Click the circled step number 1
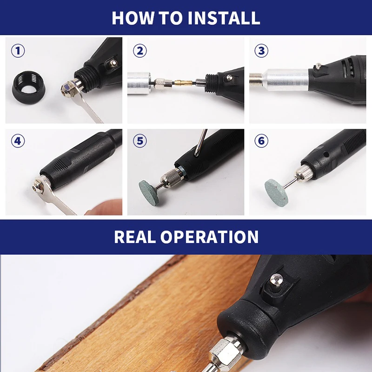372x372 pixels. [18, 51]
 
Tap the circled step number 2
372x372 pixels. [140, 51]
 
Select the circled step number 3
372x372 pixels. [261, 51]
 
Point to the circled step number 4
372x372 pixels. [18, 141]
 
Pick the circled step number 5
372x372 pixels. [140, 141]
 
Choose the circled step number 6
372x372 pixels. [261, 141]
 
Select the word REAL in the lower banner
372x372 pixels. [135, 237]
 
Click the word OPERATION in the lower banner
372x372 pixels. [210, 237]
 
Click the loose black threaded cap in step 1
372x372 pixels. [29, 87]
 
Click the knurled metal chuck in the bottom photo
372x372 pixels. [226, 352]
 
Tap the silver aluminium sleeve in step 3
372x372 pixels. [286, 80]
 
